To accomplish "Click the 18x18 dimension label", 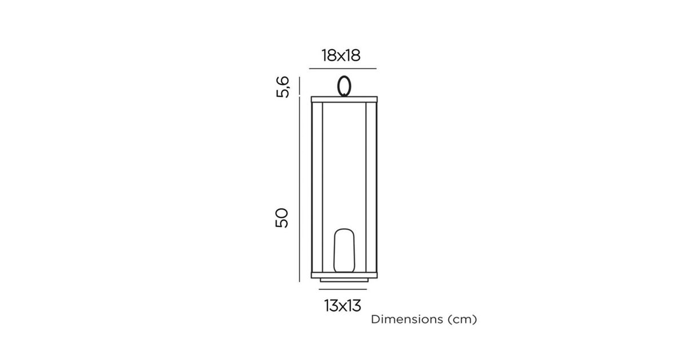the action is (x=341, y=56).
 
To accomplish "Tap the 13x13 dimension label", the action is (x=342, y=306).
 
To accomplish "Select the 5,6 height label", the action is (x=282, y=87).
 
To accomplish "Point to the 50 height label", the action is (x=282, y=218).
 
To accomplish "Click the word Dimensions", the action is (x=407, y=319).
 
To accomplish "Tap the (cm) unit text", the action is (x=462, y=319).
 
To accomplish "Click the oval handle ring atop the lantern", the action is (x=338, y=86).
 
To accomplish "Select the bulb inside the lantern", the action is (x=344, y=250).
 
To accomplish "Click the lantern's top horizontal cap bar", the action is (x=344, y=99).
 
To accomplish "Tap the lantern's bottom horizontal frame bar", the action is (x=344, y=275).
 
